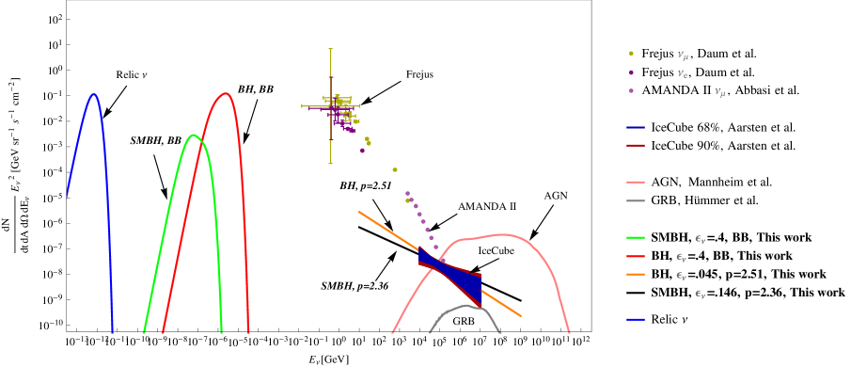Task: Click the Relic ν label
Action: point(132,75)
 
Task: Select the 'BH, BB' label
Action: point(256,89)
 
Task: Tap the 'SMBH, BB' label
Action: point(156,141)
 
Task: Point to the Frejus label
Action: point(420,75)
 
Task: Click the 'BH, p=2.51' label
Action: point(366,186)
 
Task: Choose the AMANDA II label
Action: point(487,206)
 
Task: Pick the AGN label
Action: point(556,196)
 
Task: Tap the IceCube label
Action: point(496,251)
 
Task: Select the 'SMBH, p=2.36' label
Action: point(355,286)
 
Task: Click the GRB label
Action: point(464,322)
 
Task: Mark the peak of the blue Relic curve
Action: point(93,94)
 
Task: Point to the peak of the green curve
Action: point(194,135)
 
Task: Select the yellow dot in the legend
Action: point(631,54)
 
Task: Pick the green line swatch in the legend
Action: point(636,237)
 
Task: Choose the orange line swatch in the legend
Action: point(636,274)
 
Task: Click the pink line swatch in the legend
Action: point(636,182)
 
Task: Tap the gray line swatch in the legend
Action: point(636,200)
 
